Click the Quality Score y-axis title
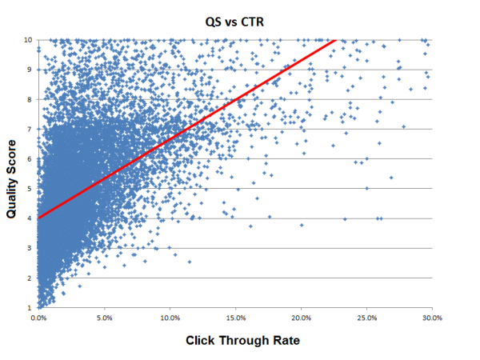(x=12, y=173)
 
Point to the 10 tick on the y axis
(x=29, y=39)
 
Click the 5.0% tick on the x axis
(x=105, y=318)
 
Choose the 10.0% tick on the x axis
(x=170, y=318)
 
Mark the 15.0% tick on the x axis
(x=235, y=318)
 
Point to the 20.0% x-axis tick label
(x=301, y=318)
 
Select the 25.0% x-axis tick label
(x=366, y=318)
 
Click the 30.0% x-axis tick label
(x=432, y=318)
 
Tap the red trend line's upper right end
(x=335, y=39)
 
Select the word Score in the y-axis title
(x=12, y=149)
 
